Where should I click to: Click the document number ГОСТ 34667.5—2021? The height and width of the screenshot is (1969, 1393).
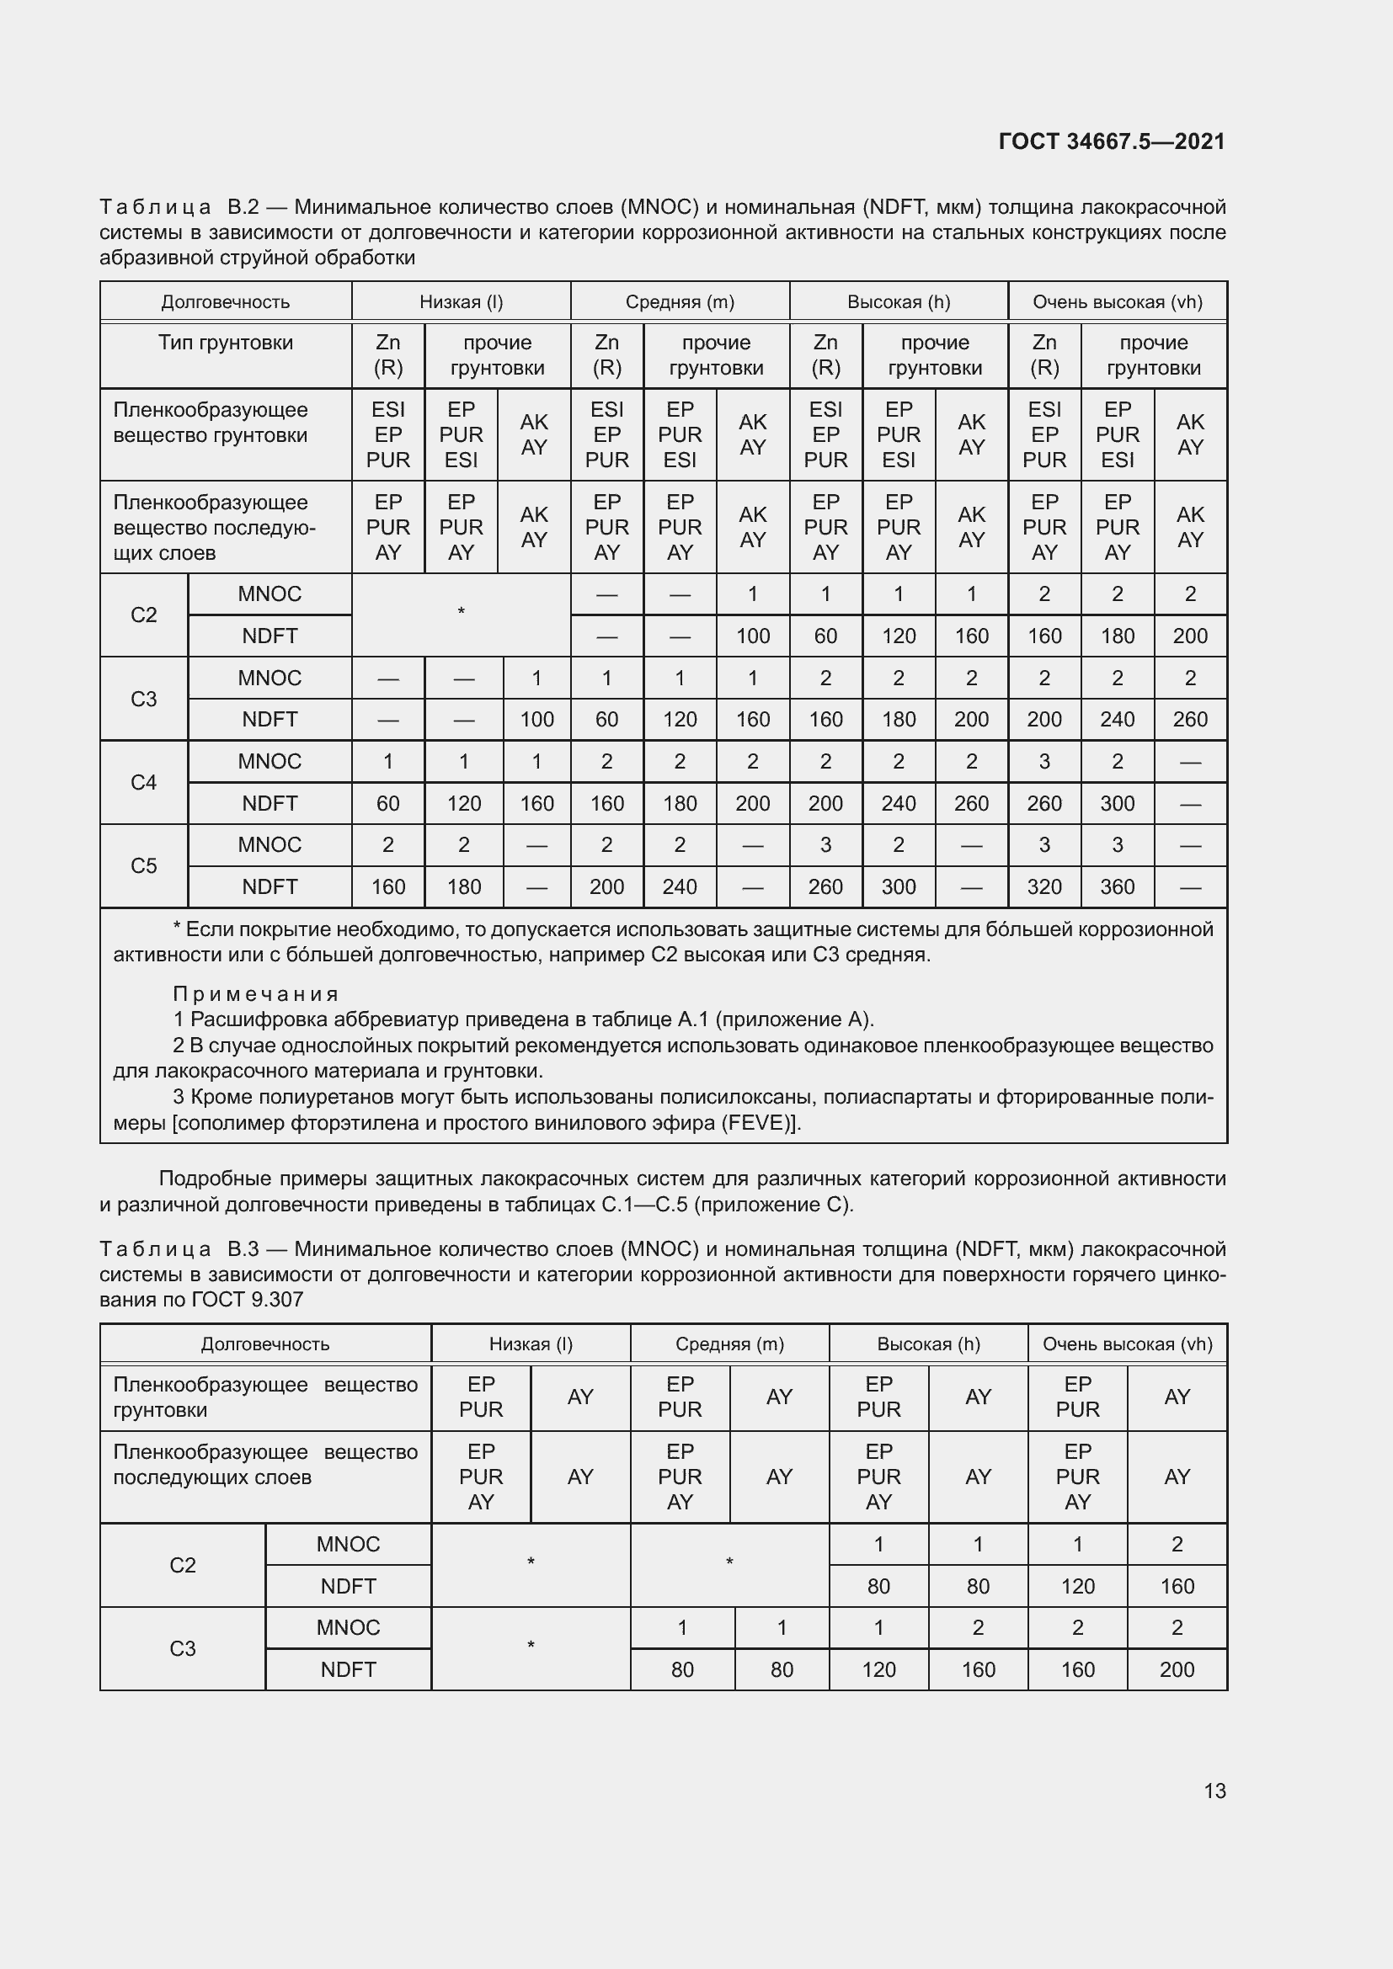click(1112, 141)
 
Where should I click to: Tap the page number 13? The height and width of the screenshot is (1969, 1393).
click(1214, 1791)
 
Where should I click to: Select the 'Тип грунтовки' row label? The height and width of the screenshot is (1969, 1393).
click(225, 343)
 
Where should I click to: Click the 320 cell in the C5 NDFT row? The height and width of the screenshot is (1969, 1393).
click(1043, 886)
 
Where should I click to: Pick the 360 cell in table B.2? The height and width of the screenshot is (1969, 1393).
click(1117, 886)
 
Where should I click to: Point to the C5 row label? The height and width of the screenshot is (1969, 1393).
click(143, 866)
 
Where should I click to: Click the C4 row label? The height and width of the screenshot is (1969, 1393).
click(143, 782)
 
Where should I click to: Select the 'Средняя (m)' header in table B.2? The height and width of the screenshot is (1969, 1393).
click(680, 302)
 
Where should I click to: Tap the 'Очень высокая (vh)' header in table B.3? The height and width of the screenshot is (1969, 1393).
click(1127, 1344)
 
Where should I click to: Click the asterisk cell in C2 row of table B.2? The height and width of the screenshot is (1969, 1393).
click(461, 612)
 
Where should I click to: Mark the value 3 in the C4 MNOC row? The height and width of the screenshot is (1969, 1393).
click(1043, 762)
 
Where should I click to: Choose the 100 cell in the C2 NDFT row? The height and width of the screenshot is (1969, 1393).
click(752, 636)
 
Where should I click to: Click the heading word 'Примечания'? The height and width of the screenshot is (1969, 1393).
click(256, 994)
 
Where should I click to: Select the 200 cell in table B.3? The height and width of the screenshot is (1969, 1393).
click(1176, 1669)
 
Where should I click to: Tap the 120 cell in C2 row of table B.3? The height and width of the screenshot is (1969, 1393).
click(1077, 1587)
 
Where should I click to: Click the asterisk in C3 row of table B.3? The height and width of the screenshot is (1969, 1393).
click(530, 1646)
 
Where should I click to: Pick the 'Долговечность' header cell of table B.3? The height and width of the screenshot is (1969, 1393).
click(265, 1344)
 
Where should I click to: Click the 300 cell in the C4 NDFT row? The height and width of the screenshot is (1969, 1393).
click(1117, 804)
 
